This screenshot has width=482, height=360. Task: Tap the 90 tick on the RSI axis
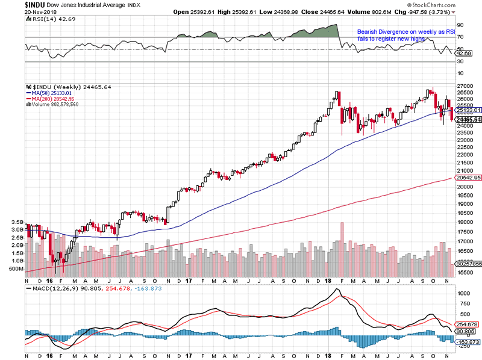pos(460,26)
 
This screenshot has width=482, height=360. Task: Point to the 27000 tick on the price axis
pos(465,87)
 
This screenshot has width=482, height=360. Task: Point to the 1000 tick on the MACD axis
pos(464,294)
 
